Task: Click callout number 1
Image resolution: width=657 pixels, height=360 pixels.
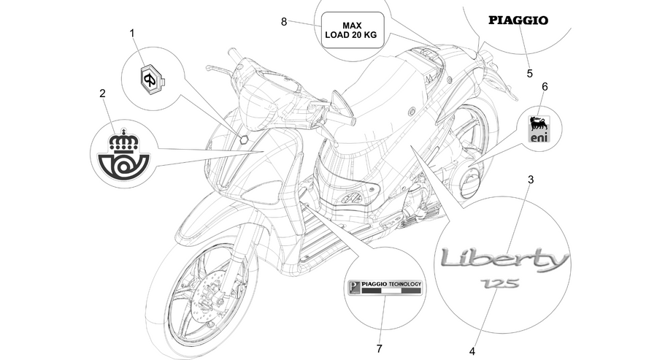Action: pos(132,33)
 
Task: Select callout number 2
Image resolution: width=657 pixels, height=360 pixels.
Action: pos(103,93)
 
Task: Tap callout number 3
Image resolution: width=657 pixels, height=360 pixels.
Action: pos(531,180)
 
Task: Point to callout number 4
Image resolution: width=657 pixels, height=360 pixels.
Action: pos(472,351)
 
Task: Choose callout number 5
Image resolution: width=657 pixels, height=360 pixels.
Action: pos(530,74)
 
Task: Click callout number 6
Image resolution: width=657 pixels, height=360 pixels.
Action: pos(545,87)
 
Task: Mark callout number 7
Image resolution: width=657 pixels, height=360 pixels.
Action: pos(379,348)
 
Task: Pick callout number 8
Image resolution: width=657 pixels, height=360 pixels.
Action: pos(284,22)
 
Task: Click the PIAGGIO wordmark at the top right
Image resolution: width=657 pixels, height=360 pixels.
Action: pos(518,20)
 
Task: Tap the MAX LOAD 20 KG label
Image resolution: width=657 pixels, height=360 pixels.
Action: pos(353,30)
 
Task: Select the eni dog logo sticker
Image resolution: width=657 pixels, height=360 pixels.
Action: pos(539,129)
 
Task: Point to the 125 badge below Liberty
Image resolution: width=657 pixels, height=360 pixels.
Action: pos(499,284)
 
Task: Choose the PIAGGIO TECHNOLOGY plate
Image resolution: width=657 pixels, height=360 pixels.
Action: pos(385,288)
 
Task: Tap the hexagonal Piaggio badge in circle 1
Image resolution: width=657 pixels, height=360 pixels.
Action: pos(152,78)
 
